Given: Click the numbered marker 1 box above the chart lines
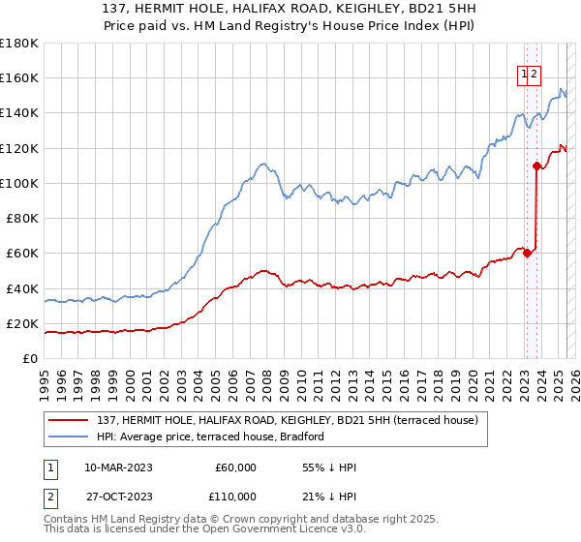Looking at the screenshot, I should point(524,72).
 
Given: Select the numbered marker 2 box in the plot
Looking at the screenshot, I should point(535,72).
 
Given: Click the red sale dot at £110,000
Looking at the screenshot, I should point(536,166).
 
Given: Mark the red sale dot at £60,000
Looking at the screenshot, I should point(526,253).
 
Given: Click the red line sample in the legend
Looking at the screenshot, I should point(70,420).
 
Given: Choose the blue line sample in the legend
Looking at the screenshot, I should point(70,437).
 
